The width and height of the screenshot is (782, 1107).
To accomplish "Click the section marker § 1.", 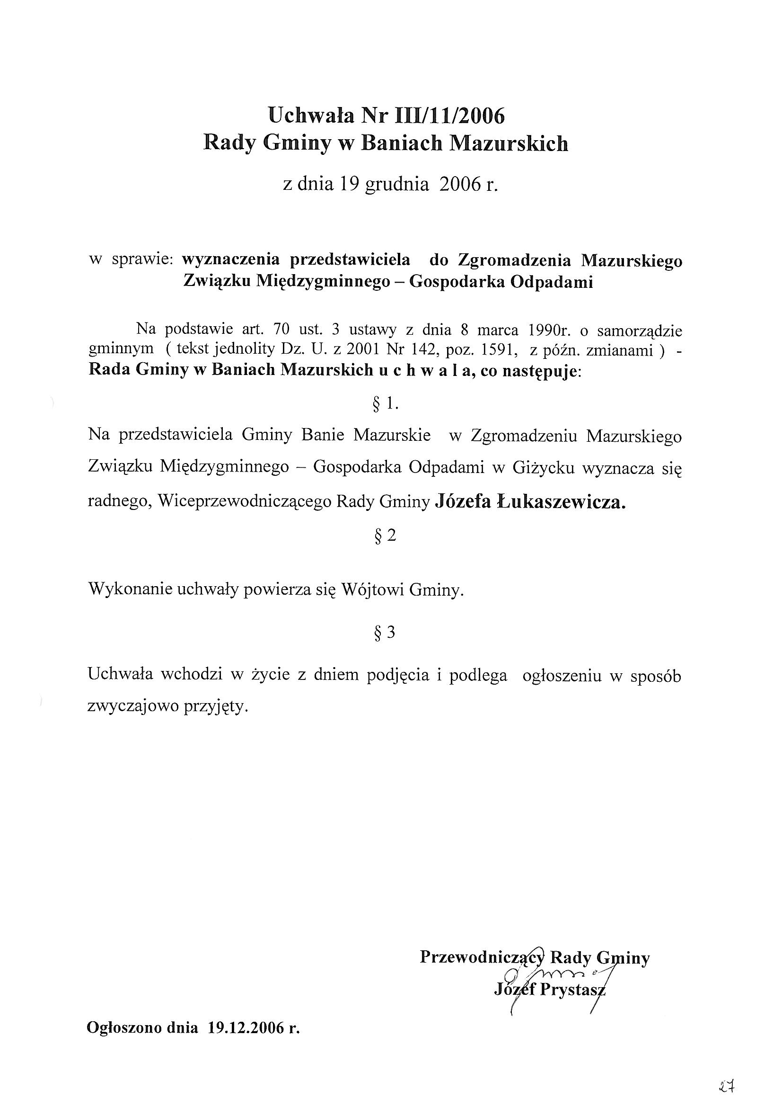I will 386,404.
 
